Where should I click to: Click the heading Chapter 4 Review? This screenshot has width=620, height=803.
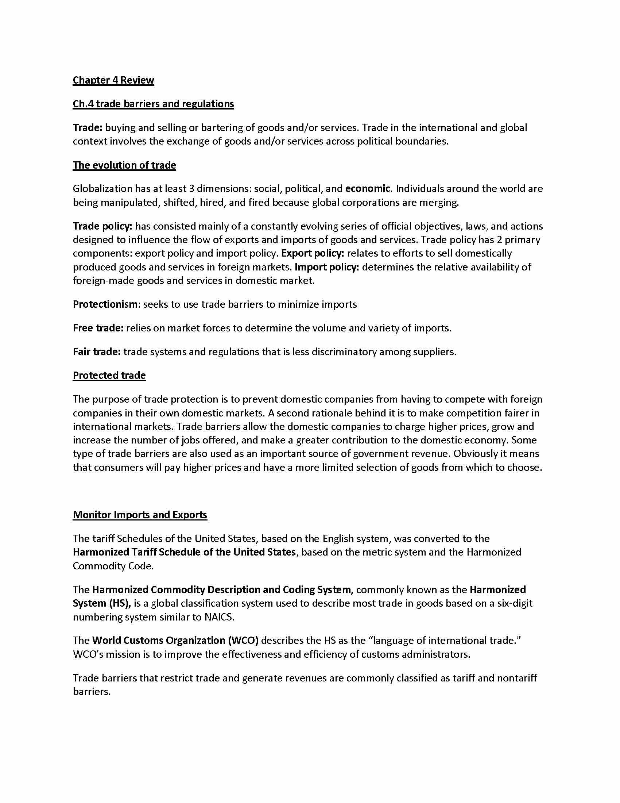click(113, 80)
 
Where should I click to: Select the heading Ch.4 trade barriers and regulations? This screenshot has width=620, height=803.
click(153, 104)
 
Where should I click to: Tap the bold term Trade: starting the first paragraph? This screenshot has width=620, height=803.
click(88, 128)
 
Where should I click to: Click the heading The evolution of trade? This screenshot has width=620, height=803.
click(124, 165)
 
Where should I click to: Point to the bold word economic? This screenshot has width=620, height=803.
click(367, 189)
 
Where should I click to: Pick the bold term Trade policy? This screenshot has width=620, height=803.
click(102, 226)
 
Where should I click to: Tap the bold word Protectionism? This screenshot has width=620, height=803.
click(105, 304)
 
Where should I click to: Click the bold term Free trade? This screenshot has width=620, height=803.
click(98, 328)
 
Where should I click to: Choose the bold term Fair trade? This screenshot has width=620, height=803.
click(97, 352)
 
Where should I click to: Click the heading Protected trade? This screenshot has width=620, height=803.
click(109, 375)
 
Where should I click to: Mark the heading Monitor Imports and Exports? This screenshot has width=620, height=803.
click(140, 515)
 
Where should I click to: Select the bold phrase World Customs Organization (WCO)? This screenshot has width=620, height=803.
click(175, 641)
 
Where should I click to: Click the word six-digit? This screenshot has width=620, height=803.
click(514, 603)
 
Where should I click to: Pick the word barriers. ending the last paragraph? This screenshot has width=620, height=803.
click(92, 692)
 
